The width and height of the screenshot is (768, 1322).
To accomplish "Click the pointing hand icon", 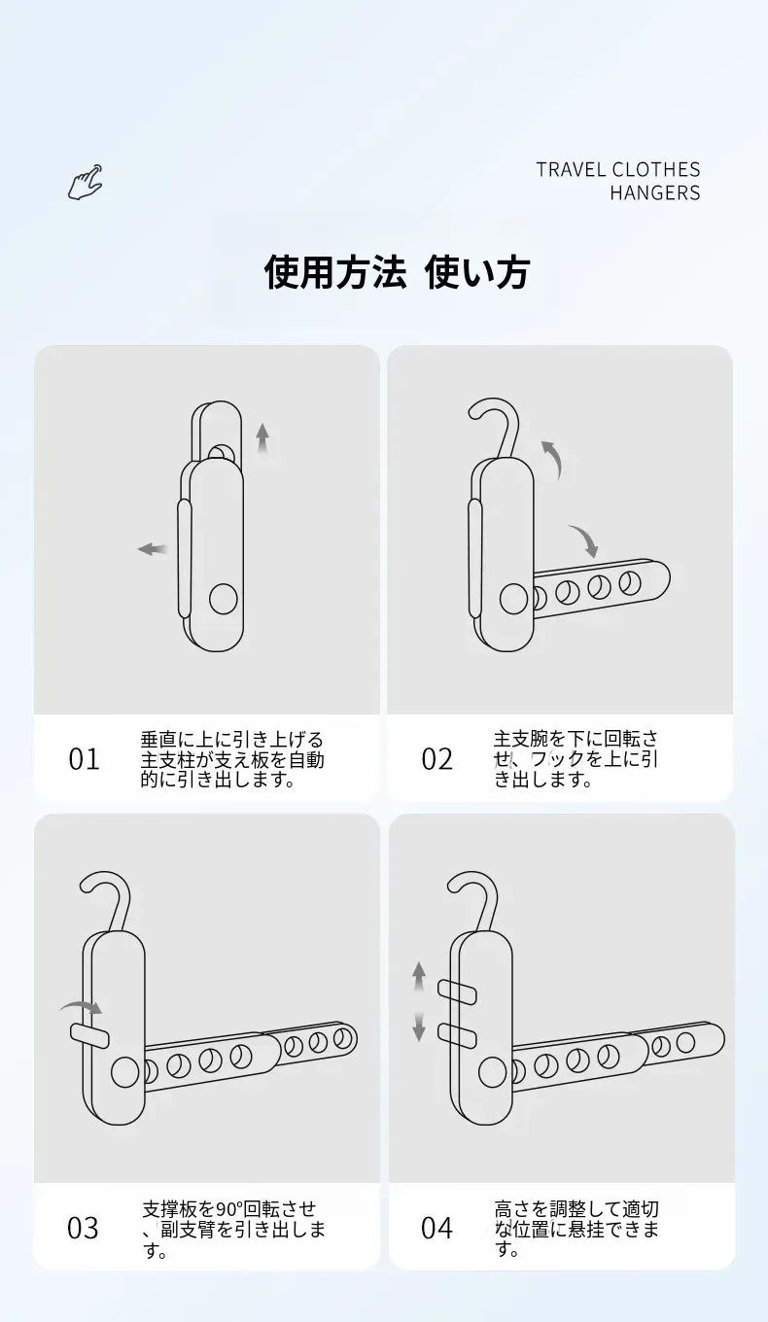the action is (85, 183).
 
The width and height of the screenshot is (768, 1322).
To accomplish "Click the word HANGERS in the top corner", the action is (654, 193).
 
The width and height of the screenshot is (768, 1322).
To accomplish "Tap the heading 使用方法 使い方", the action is (396, 272).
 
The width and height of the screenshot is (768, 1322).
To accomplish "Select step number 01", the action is (84, 759).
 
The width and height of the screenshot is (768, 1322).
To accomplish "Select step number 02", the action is (436, 759).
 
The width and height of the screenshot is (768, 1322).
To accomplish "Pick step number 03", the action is (83, 1228).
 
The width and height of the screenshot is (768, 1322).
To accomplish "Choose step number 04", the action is (436, 1228).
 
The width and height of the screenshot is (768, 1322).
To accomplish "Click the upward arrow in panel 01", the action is (262, 437).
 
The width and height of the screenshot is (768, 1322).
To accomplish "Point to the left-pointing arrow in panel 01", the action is (153, 549).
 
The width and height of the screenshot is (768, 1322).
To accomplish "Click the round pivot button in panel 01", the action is (224, 599).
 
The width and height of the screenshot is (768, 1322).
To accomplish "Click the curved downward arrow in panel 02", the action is (585, 539).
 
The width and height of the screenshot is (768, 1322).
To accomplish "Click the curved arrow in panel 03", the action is (82, 1007).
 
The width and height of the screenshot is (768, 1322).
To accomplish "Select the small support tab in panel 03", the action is (89, 1035).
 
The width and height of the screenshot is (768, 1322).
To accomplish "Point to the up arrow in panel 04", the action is (419, 976).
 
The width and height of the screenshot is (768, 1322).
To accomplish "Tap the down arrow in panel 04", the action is (419, 1026).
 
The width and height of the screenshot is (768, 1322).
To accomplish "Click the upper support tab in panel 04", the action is (457, 992).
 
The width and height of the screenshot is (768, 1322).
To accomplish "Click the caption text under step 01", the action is (232, 759).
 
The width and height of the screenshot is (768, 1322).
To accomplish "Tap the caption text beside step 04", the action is (576, 1229).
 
